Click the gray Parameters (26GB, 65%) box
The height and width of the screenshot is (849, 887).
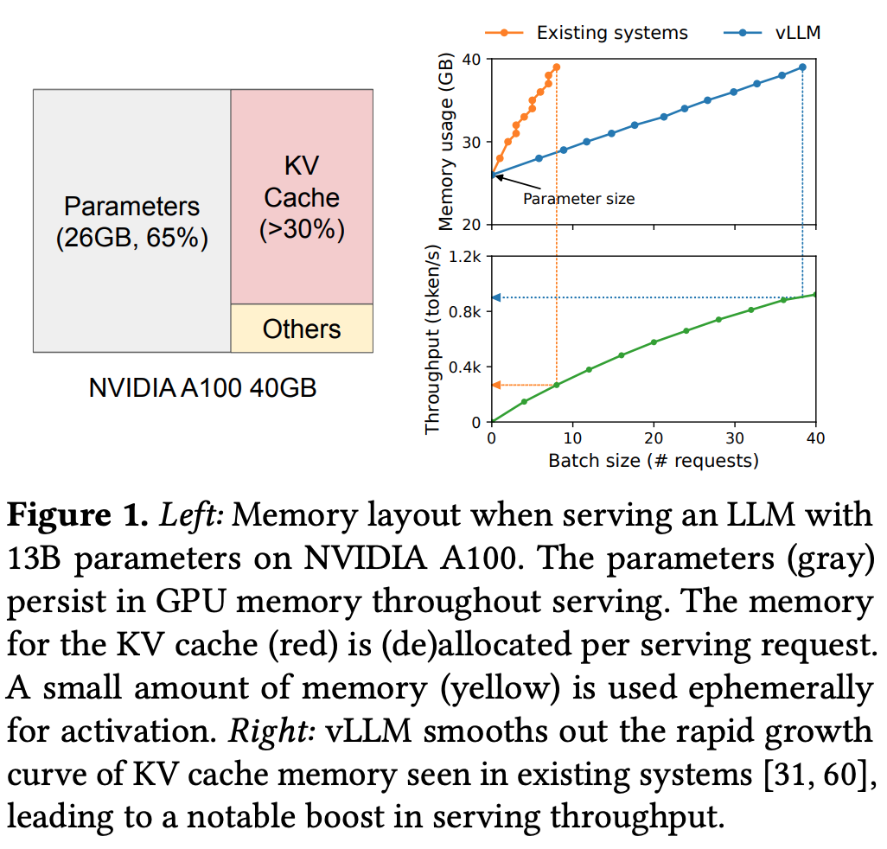pyautogui.click(x=131, y=220)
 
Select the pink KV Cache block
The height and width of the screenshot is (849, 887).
pyautogui.click(x=302, y=197)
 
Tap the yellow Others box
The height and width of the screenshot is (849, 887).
pyautogui.click(x=302, y=329)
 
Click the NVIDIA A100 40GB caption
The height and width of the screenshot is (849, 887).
pyautogui.click(x=202, y=388)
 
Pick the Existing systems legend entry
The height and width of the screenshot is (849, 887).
pyautogui.click(x=586, y=33)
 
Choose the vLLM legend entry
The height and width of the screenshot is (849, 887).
pyautogui.click(x=772, y=33)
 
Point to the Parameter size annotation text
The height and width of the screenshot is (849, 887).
pyautogui.click(x=578, y=199)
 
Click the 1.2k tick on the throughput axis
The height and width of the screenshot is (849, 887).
pyautogui.click(x=465, y=257)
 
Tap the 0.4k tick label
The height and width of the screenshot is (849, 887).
pyautogui.click(x=465, y=367)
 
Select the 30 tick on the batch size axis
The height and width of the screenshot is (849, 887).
pyautogui.click(x=735, y=437)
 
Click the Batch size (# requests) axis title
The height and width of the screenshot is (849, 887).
pyautogui.click(x=654, y=461)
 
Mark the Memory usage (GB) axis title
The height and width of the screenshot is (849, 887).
pyautogui.click(x=446, y=142)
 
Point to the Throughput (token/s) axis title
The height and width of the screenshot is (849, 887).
pyautogui.click(x=432, y=340)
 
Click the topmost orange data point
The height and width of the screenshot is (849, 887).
pyautogui.click(x=557, y=67)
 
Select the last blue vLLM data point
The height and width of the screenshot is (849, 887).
pyautogui.click(x=802, y=67)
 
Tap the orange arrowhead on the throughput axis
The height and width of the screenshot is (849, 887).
pyautogui.click(x=496, y=386)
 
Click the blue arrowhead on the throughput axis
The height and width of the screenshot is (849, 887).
pyautogui.click(x=496, y=297)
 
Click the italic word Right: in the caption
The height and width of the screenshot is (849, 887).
pyautogui.click(x=271, y=731)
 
